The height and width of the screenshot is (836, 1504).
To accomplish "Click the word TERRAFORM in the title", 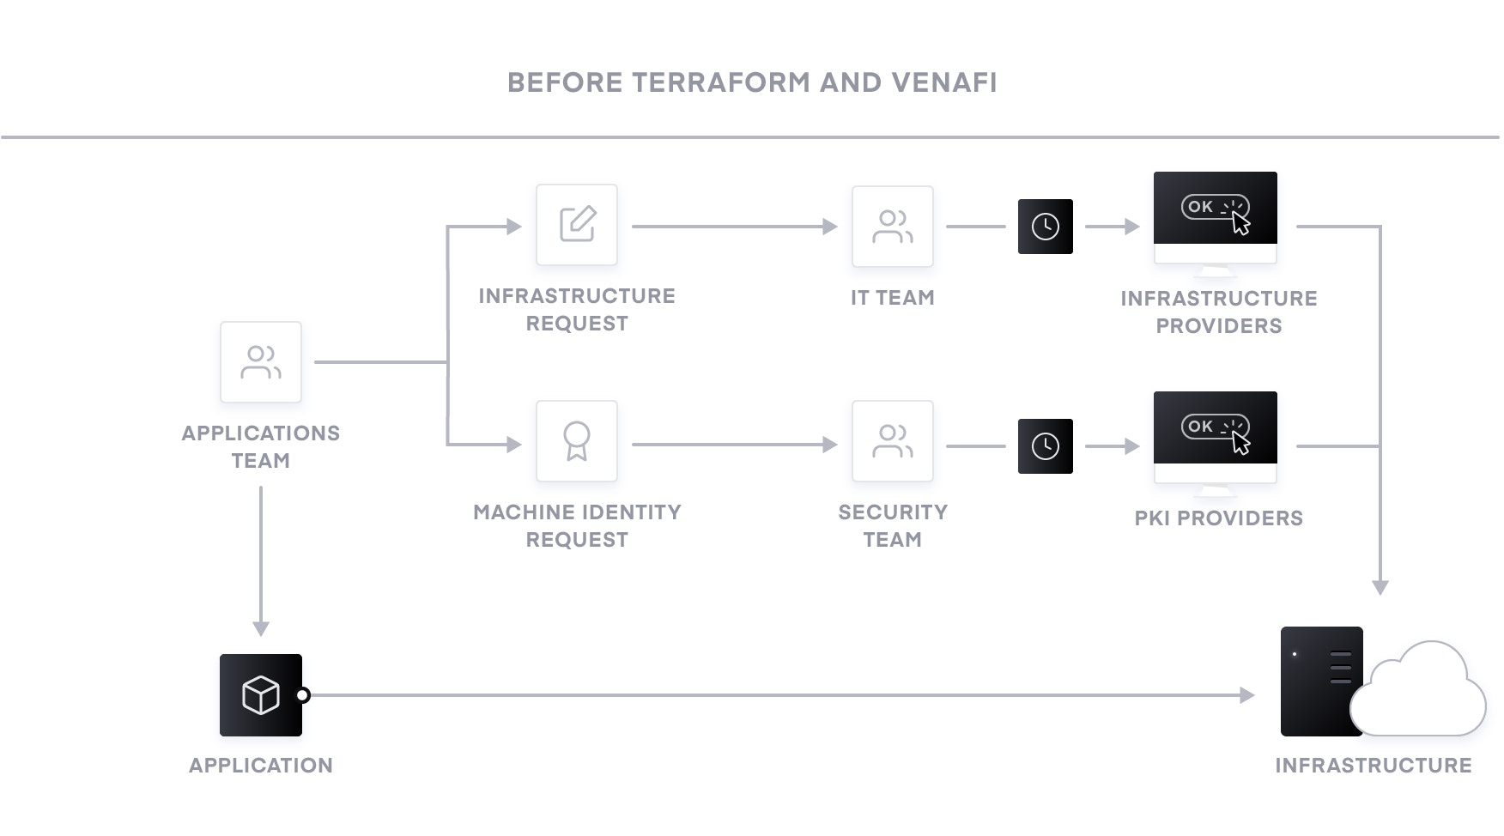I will [x=720, y=82].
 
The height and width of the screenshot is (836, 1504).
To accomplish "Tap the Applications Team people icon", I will [x=261, y=362].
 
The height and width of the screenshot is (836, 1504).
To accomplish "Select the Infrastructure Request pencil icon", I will [x=577, y=224].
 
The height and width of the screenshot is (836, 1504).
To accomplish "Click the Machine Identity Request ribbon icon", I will [x=577, y=441].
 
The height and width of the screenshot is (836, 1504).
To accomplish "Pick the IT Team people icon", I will [x=893, y=227].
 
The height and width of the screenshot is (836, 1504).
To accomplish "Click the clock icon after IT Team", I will [x=1045, y=227].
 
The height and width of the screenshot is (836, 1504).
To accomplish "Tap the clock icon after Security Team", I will [x=1045, y=446].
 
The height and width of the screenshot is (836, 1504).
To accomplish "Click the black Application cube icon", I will [x=261, y=695].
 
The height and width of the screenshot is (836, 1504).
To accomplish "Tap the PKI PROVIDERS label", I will [x=1218, y=518].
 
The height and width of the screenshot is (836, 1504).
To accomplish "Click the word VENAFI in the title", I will [x=943, y=82].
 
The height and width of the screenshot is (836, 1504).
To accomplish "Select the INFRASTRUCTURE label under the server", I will [x=1373, y=766].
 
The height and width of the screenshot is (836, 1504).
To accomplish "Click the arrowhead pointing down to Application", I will [x=261, y=628].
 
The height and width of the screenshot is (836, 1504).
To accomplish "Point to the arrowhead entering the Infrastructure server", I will [x=1247, y=695].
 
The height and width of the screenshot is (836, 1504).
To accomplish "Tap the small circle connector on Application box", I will [x=303, y=695].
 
